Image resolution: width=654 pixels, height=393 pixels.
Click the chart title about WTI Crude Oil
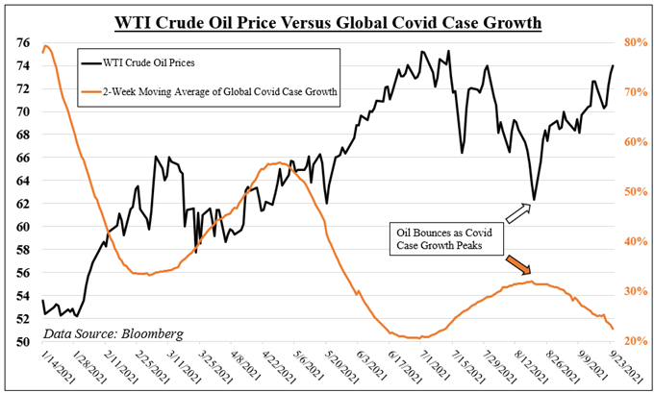(327, 21)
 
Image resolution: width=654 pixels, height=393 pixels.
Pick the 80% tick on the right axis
(633, 43)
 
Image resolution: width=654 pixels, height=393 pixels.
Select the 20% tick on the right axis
(633, 342)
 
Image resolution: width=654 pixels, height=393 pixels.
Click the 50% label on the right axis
(633, 192)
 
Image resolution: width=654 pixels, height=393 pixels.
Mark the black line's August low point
(533, 199)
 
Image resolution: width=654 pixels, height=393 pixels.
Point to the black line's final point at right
(614, 65)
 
